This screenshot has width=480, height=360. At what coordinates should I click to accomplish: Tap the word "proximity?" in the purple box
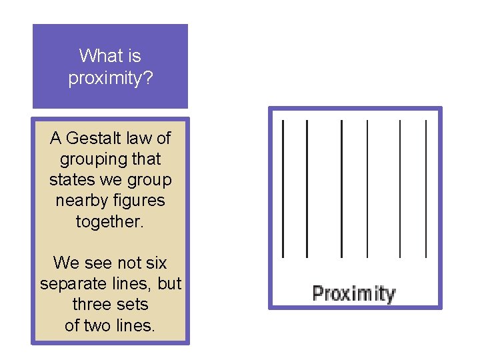click(x=111, y=77)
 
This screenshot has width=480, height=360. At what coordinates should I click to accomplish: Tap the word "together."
click(x=110, y=221)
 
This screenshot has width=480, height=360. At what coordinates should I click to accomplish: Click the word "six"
click(x=155, y=263)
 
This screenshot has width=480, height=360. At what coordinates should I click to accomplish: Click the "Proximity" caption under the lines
click(x=354, y=293)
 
